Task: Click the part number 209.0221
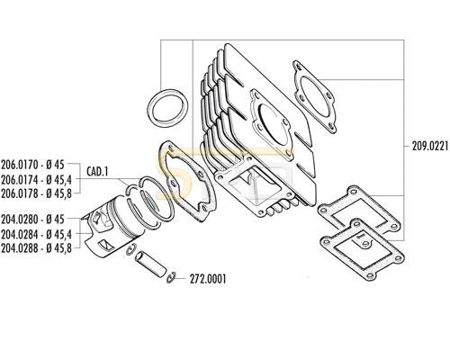430,147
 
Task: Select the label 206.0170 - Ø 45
32,165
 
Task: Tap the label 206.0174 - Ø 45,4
36,179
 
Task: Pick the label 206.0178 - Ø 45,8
36,193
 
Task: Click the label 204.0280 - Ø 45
32,220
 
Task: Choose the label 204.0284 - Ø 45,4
36,234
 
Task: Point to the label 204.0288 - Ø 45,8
36,248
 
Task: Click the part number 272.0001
208,279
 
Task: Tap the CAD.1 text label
97,172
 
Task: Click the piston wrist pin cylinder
150,264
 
